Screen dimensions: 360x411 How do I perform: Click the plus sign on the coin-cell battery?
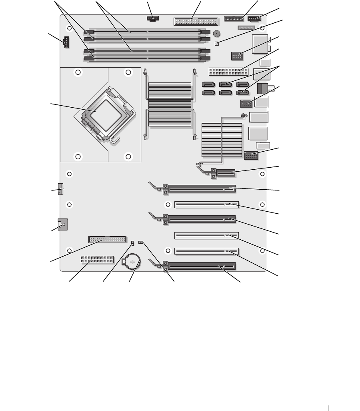pyautogui.click(x=132, y=263)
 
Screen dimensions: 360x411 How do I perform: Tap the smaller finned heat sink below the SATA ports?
pyautogui.click(x=222, y=140)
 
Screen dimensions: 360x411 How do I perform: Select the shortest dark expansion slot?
pyautogui.click(x=224, y=174)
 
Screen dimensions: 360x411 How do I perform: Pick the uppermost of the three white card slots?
pyautogui.click(x=206, y=205)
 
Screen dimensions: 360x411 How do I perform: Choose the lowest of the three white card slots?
pyautogui.click(x=206, y=251)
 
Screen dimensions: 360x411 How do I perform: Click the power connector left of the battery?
pyautogui.click(x=97, y=261)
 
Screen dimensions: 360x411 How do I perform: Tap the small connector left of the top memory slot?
pyautogui.click(x=66, y=42)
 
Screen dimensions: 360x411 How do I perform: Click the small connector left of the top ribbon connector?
pyautogui.click(x=152, y=18)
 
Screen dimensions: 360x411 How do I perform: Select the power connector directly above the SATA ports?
pyautogui.click(x=227, y=72)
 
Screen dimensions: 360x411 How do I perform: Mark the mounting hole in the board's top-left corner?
pyautogui.click(x=70, y=28)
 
